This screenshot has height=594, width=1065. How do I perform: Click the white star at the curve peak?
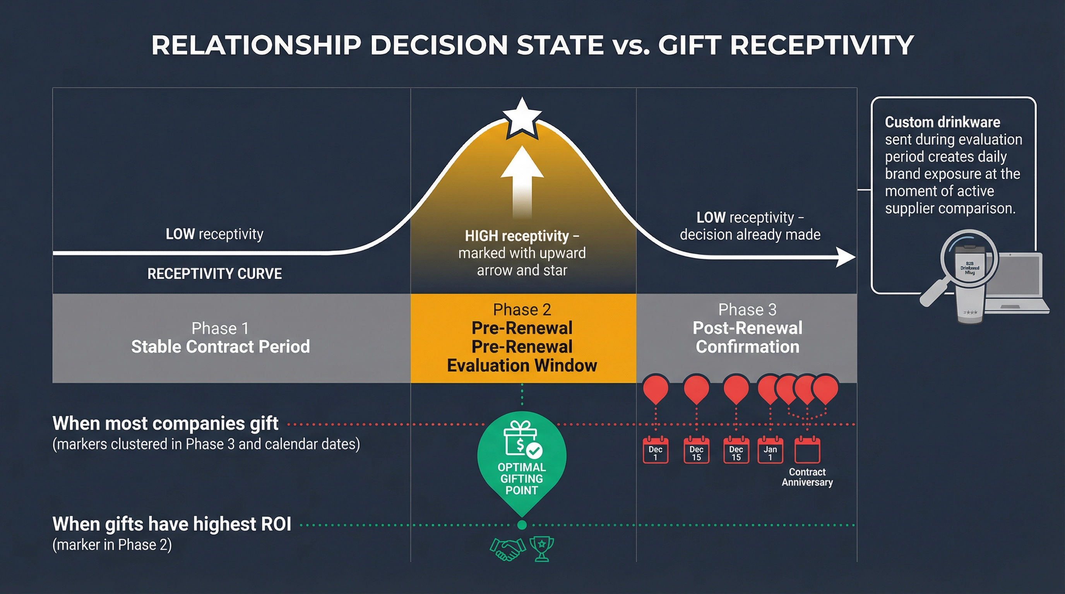pyautogui.click(x=522, y=118)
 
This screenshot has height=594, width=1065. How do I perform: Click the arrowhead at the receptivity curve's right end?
pyautogui.click(x=846, y=257)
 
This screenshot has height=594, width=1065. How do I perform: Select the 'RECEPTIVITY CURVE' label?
pyautogui.click(x=214, y=274)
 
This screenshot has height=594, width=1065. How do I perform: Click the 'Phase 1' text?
pyautogui.click(x=220, y=329)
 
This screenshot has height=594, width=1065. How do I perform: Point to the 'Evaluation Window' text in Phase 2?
pyautogui.click(x=522, y=365)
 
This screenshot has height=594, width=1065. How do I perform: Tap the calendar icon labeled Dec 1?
pyautogui.click(x=655, y=450)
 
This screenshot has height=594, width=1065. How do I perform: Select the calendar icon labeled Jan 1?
pyautogui.click(x=770, y=450)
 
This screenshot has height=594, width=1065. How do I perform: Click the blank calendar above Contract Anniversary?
pyautogui.click(x=807, y=450)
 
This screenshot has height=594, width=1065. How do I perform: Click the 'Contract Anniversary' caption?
pyautogui.click(x=807, y=477)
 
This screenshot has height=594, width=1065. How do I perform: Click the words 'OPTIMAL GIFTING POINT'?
pyautogui.click(x=521, y=479)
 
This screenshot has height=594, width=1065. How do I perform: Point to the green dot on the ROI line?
pyautogui.click(x=522, y=525)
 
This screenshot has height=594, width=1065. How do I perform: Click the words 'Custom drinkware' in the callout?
pyautogui.click(x=942, y=122)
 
